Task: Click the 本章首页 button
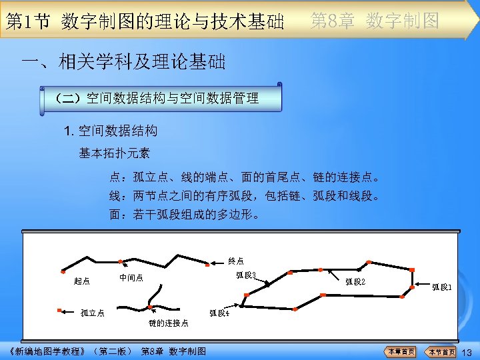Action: click(x=400, y=351)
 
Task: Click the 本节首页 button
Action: click(x=441, y=351)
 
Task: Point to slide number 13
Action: click(x=467, y=352)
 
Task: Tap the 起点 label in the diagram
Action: click(x=82, y=281)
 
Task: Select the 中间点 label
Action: click(x=131, y=277)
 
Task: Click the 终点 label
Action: click(x=236, y=260)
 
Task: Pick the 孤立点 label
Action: click(x=92, y=312)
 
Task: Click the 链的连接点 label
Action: click(x=168, y=323)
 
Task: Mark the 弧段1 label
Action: click(x=442, y=287)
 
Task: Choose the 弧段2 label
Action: click(x=355, y=281)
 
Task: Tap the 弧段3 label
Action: click(x=247, y=274)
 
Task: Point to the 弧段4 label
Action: click(x=219, y=312)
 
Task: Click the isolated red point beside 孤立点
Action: click(x=60, y=311)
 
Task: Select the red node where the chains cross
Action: click(x=151, y=307)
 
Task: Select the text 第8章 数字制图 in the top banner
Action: click(x=375, y=21)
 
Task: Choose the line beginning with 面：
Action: click(x=185, y=215)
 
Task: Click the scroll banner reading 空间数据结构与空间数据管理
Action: click(x=160, y=98)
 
